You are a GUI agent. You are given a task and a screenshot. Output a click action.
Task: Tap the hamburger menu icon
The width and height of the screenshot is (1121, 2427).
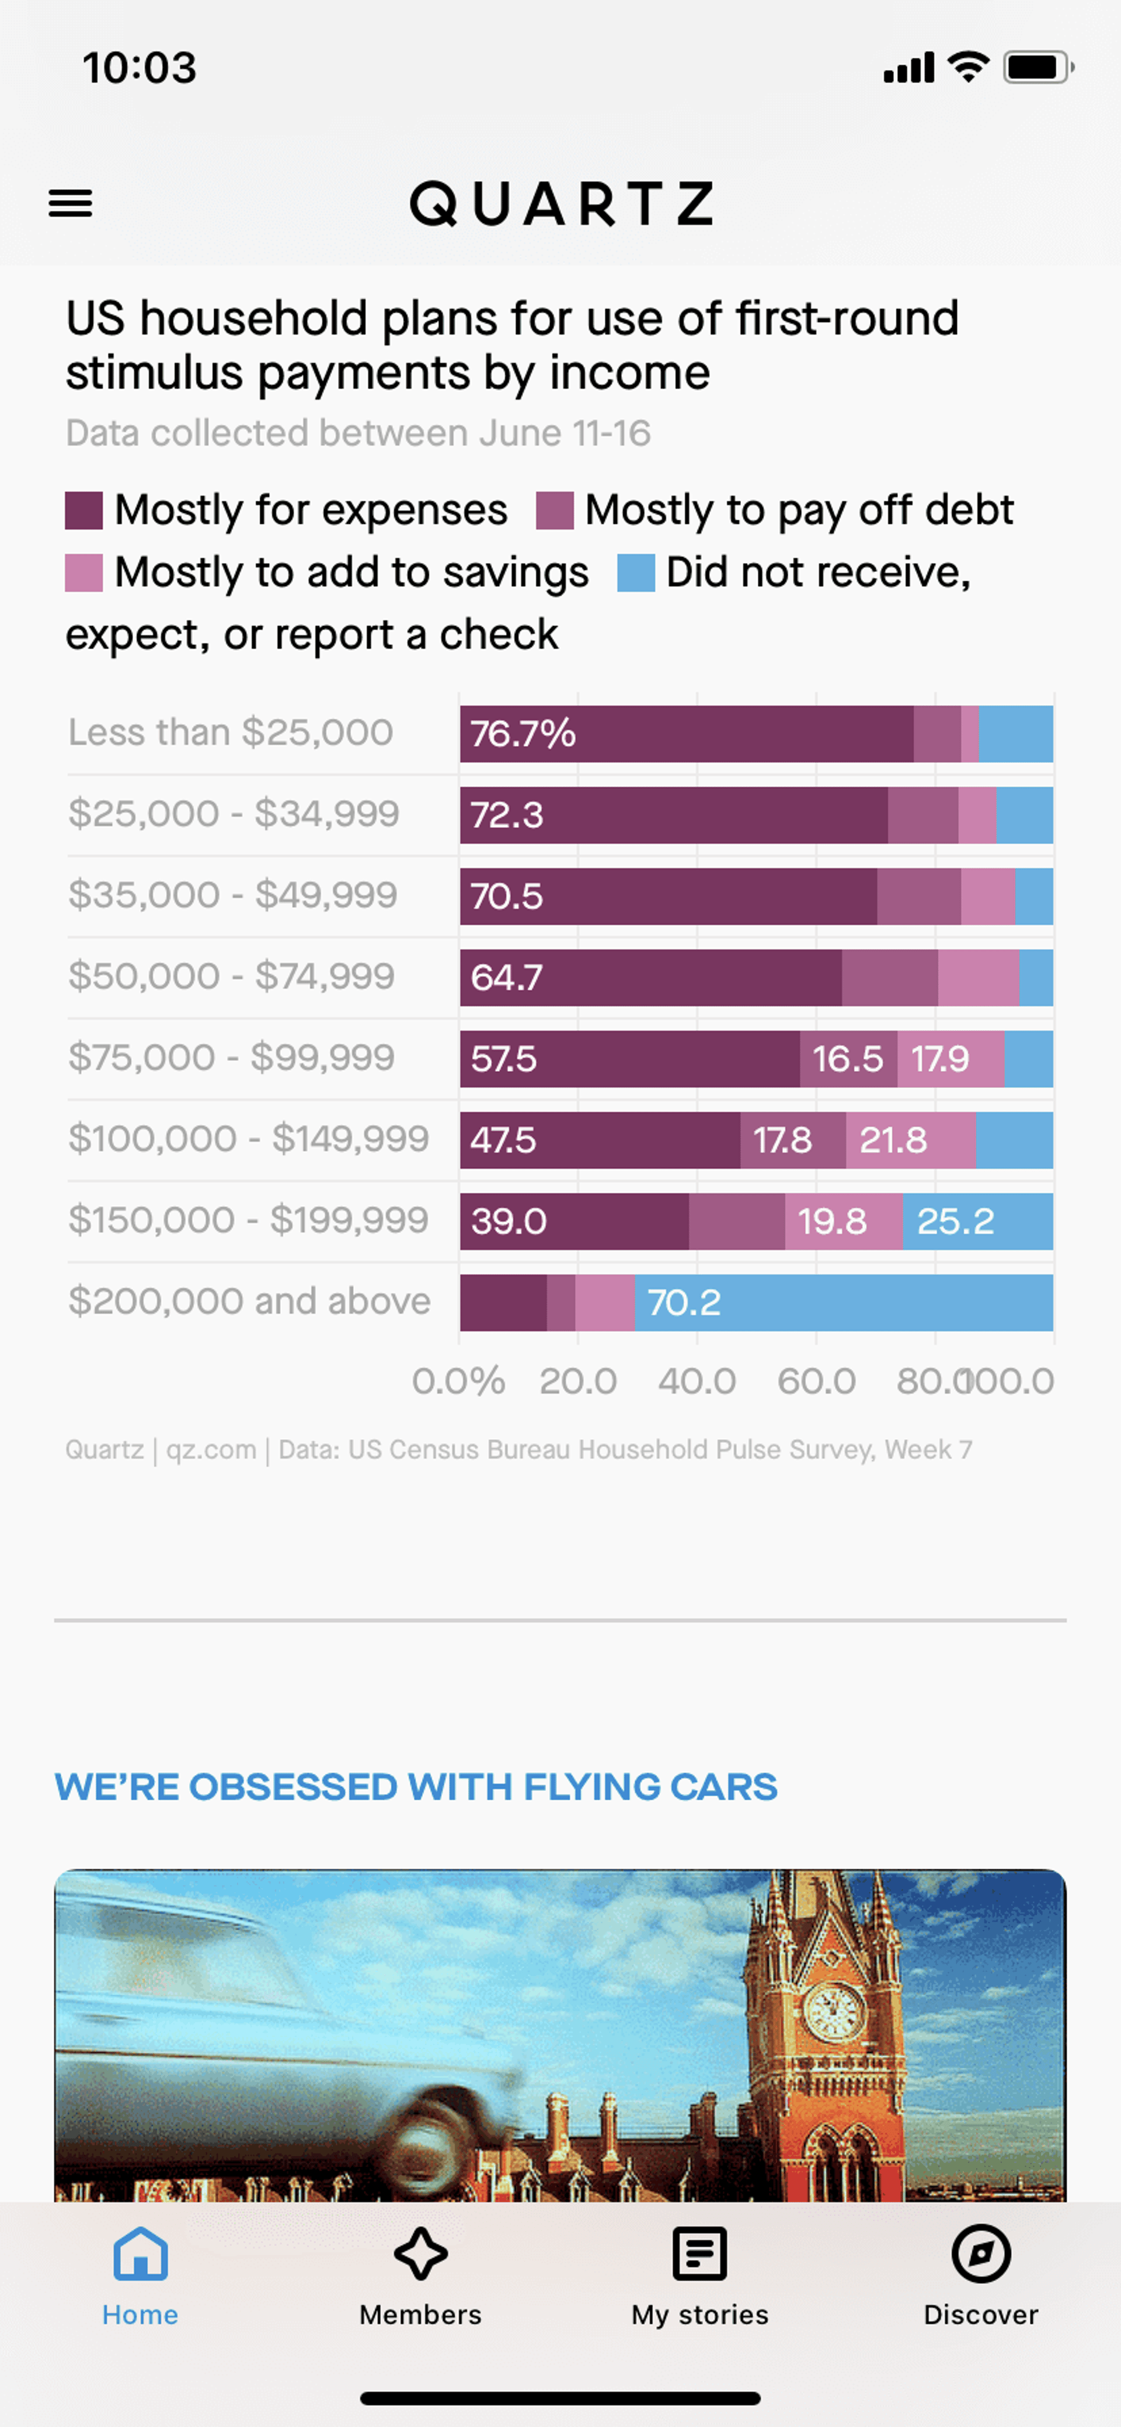71,203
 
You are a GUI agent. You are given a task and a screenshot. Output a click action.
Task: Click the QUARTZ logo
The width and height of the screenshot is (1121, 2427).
562,203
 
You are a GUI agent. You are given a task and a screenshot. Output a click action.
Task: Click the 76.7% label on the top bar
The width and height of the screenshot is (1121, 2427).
523,733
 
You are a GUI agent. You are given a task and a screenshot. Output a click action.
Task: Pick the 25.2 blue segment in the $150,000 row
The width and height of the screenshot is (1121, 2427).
978,1221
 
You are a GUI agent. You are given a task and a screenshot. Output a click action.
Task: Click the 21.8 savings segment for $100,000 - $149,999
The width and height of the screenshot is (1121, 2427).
911,1140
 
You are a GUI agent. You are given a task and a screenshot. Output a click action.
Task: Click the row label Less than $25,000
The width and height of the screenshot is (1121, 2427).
231,732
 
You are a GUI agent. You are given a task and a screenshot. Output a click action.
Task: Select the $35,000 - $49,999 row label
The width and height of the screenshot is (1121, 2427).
233,894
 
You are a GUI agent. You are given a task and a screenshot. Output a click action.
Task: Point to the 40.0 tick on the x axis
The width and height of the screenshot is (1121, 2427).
697,1381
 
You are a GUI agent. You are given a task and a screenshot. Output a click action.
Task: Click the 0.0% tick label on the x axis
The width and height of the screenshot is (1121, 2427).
459,1381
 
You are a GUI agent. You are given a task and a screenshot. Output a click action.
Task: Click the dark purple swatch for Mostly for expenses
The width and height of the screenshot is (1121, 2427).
84,510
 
